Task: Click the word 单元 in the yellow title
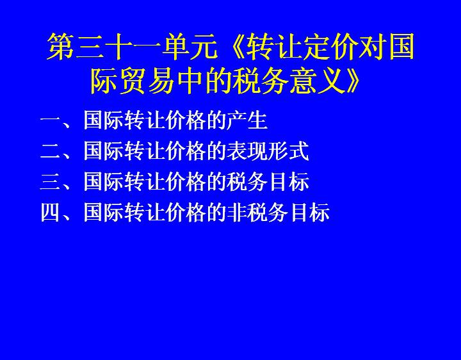point(190,47)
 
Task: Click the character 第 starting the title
point(61,47)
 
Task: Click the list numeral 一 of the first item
point(51,120)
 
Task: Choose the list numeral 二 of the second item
point(51,151)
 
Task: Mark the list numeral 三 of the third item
point(51,181)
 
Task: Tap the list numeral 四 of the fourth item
point(51,212)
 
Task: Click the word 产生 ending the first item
point(247,120)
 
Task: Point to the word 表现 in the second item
point(247,151)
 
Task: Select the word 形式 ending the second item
point(288,151)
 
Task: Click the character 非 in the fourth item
point(237,212)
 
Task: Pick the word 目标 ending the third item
point(288,181)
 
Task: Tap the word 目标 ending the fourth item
point(309,212)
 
